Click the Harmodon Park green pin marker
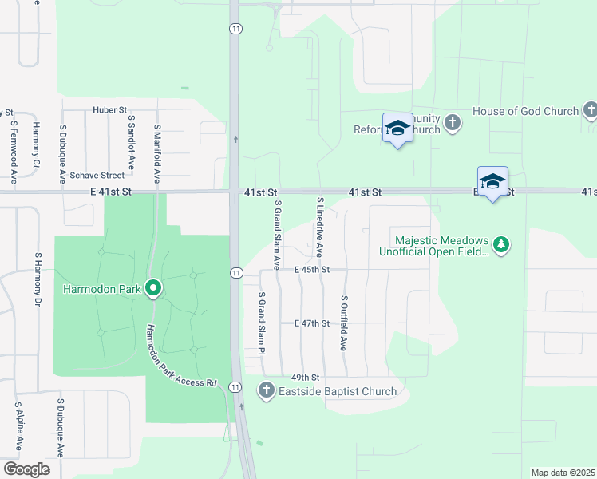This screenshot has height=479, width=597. coord(153,289)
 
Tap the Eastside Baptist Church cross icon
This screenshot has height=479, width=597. coord(266,391)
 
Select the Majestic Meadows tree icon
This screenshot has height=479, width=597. coord(500,245)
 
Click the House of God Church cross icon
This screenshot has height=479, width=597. coord(590,110)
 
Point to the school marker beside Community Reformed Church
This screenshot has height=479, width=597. coord(397,129)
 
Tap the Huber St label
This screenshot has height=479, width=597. coord(109,109)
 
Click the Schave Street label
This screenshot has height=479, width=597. coord(97,176)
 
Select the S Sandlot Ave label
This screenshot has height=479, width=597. coord(132,138)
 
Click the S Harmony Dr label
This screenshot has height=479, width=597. coord(38,280)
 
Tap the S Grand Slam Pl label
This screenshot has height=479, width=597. coord(262,322)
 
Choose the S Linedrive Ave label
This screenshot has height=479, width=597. coord(320,227)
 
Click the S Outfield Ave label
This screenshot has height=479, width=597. coord(344,323)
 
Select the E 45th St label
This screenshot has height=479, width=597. coord(311,270)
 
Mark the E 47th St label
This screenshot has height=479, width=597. coord(311,323)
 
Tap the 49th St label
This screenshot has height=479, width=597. coord(306,377)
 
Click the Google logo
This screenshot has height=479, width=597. coord(26,469)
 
